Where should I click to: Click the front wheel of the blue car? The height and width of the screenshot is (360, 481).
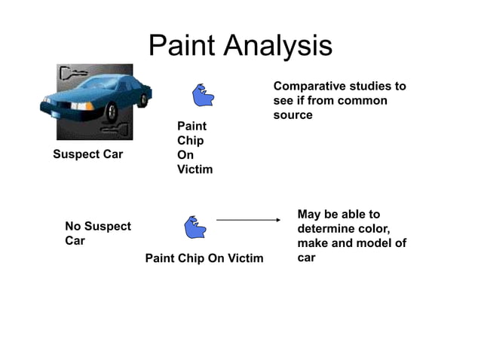coord(111,113)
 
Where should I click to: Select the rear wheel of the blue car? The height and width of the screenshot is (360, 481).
coord(142,100)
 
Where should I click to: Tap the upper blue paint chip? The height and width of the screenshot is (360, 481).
coord(204,96)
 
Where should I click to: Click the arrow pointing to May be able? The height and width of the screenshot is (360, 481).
coord(248,220)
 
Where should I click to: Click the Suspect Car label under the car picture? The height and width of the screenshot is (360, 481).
coord(87,155)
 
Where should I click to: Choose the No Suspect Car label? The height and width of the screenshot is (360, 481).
coord(97,233)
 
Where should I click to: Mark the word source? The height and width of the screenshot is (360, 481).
coord(293,115)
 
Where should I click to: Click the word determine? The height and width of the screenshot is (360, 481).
coord(326,229)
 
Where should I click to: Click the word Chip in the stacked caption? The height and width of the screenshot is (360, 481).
coord(190,141)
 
